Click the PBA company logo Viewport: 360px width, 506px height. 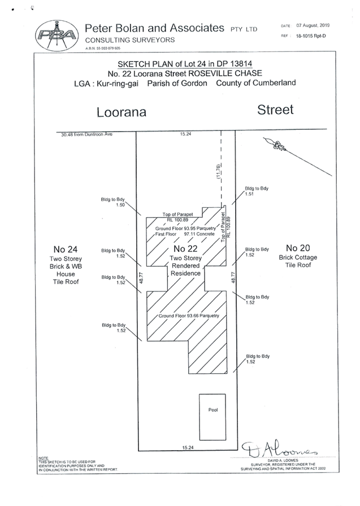click(x=57, y=34)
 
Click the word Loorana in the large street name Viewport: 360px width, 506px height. click(x=122, y=112)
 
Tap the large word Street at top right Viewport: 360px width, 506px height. click(x=275, y=110)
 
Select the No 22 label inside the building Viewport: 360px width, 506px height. click(x=186, y=249)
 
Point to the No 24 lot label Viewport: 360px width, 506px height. click(x=66, y=249)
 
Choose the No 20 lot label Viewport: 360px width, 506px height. click(x=298, y=248)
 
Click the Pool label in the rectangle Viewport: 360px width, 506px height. click(x=212, y=408)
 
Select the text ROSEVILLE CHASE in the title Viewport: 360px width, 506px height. click(x=240, y=73)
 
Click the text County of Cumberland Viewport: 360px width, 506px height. click(x=259, y=83)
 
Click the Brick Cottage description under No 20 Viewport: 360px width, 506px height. click(x=298, y=258)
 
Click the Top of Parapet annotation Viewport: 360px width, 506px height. click(x=177, y=215)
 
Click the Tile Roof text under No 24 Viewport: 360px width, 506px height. click(x=66, y=281)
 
